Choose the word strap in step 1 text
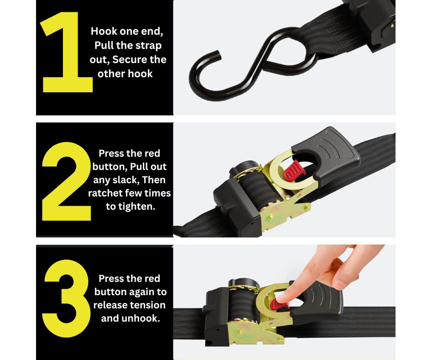click(149, 46)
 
